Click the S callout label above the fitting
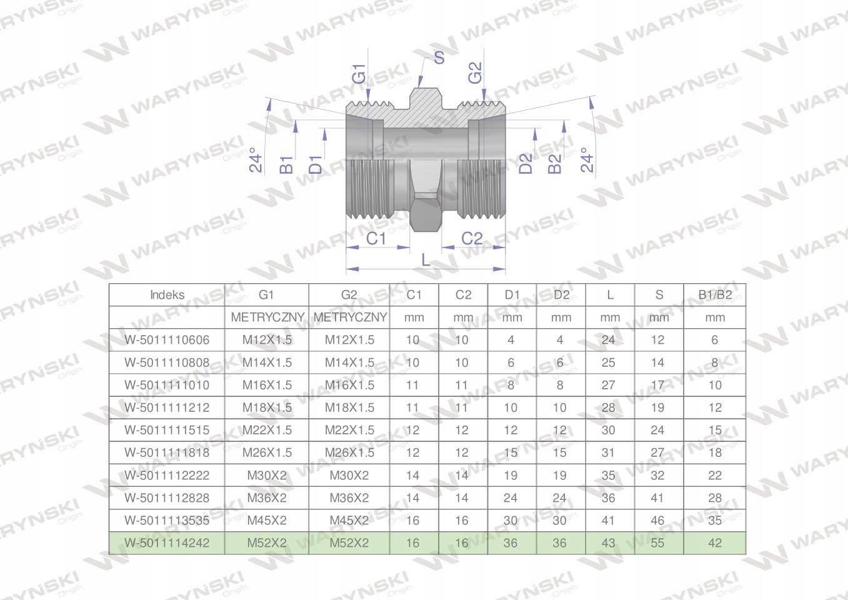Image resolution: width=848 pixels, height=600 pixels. (x=439, y=57)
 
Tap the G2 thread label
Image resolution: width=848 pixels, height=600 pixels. (x=475, y=72)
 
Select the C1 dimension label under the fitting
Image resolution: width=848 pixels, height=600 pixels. (x=376, y=238)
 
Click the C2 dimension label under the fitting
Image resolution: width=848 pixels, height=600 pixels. (x=472, y=238)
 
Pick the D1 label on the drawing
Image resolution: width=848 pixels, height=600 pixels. (x=316, y=164)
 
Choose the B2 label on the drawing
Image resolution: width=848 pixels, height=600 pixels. (x=555, y=164)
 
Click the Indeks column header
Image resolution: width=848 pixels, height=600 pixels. (x=167, y=295)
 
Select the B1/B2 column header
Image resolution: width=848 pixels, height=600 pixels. (x=714, y=295)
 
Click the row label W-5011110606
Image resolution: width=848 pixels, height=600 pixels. (x=167, y=340)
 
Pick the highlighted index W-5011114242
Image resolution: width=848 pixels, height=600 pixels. (x=167, y=543)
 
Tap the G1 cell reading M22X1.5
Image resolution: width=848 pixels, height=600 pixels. (x=267, y=430)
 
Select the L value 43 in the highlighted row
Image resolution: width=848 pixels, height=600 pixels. (x=609, y=543)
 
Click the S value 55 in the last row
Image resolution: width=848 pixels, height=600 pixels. (x=659, y=543)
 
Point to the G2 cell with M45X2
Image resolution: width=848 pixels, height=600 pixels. (x=349, y=521)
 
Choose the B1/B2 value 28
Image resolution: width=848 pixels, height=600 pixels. (x=714, y=498)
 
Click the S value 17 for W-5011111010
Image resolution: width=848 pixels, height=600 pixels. (x=659, y=385)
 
